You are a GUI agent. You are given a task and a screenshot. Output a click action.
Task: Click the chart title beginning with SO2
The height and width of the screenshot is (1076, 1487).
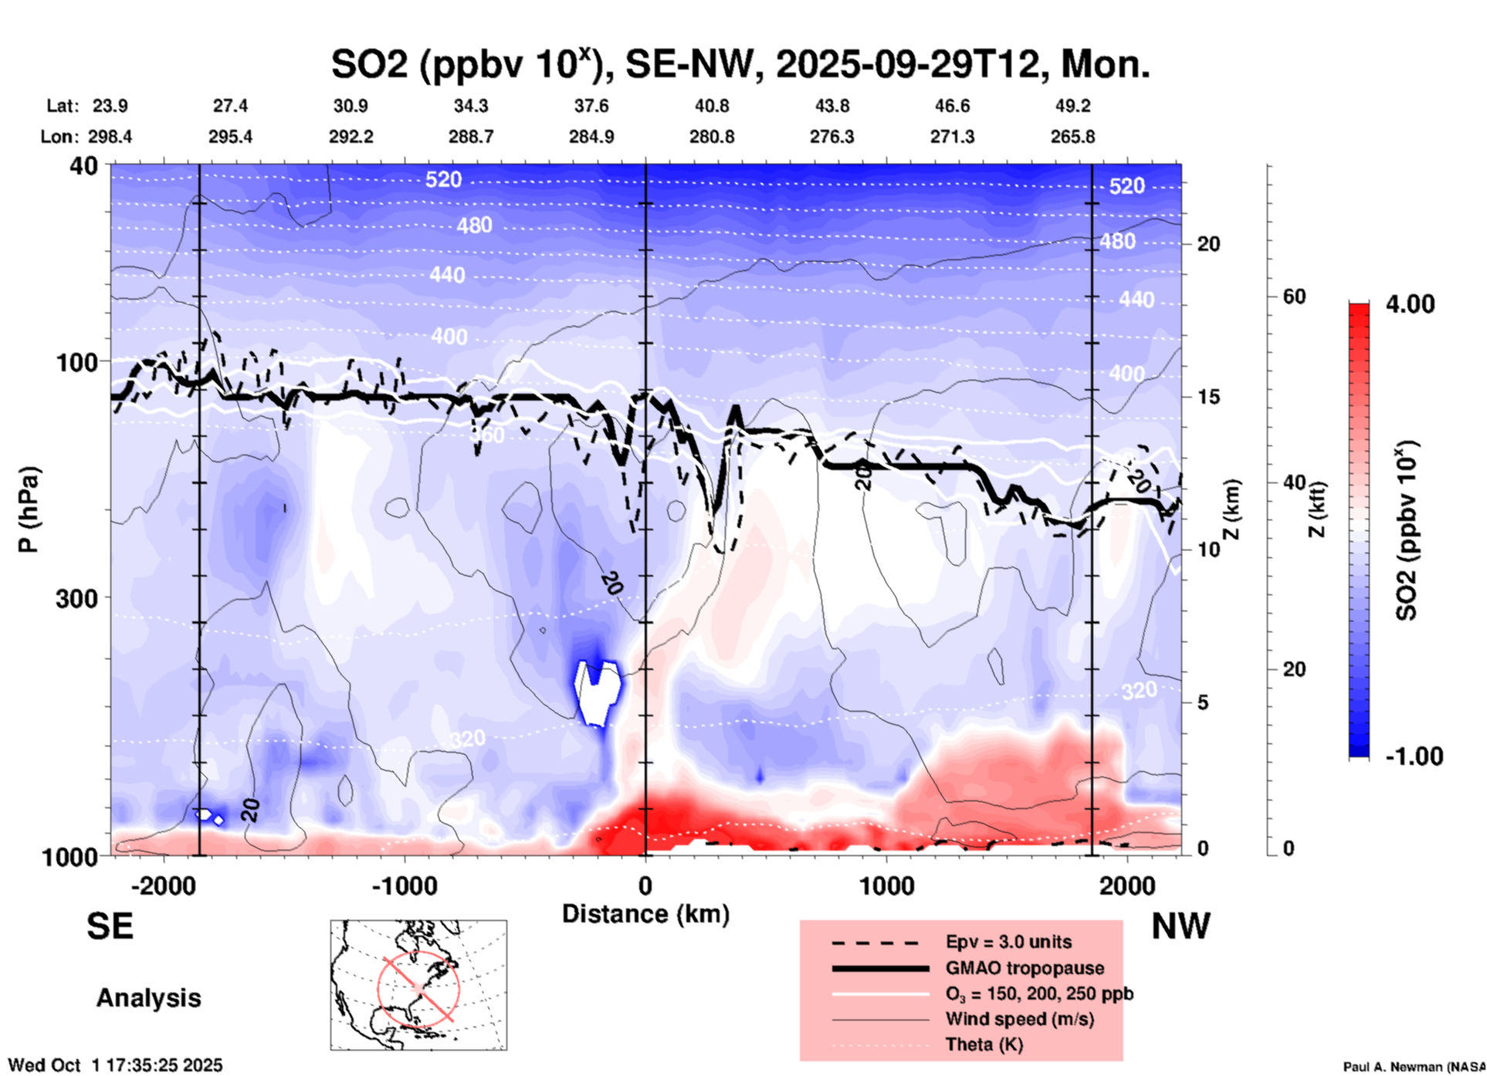740,63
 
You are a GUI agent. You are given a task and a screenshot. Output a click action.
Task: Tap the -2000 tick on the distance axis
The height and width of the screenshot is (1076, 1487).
163,885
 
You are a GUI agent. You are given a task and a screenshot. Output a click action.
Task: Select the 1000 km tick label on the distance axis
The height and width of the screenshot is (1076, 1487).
886,885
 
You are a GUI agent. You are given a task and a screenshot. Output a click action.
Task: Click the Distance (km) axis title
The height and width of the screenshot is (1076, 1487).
645,914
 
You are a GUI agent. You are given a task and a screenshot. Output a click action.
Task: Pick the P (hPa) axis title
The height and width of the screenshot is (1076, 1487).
28,509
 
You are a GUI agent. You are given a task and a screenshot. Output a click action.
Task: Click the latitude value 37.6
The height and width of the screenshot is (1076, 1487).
591,106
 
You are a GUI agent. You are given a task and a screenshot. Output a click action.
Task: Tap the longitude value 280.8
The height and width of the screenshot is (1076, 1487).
711,137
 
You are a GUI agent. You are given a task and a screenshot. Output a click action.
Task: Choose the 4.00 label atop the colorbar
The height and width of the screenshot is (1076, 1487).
1410,304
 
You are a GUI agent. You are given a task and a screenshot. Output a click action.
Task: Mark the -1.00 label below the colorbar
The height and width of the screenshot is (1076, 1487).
1414,756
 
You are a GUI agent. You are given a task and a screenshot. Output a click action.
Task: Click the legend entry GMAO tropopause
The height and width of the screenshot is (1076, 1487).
1025,968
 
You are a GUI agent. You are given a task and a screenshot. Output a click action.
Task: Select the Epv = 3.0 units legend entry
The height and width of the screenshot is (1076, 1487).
1008,942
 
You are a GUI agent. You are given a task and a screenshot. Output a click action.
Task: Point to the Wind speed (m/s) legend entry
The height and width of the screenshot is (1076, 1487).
1019,1019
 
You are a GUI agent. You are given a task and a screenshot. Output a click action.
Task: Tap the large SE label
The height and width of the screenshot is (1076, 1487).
110,926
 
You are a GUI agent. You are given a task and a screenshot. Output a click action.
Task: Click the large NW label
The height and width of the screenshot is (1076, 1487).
1180,926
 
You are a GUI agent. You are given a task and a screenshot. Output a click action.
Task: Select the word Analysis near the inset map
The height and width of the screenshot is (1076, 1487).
148,998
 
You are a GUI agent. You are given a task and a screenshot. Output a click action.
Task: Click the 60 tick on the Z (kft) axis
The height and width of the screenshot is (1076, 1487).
1294,296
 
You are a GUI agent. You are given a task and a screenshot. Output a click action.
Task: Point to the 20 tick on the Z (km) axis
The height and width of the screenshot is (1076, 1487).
1208,244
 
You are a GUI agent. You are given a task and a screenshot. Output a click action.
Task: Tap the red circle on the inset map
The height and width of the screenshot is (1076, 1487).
418,988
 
